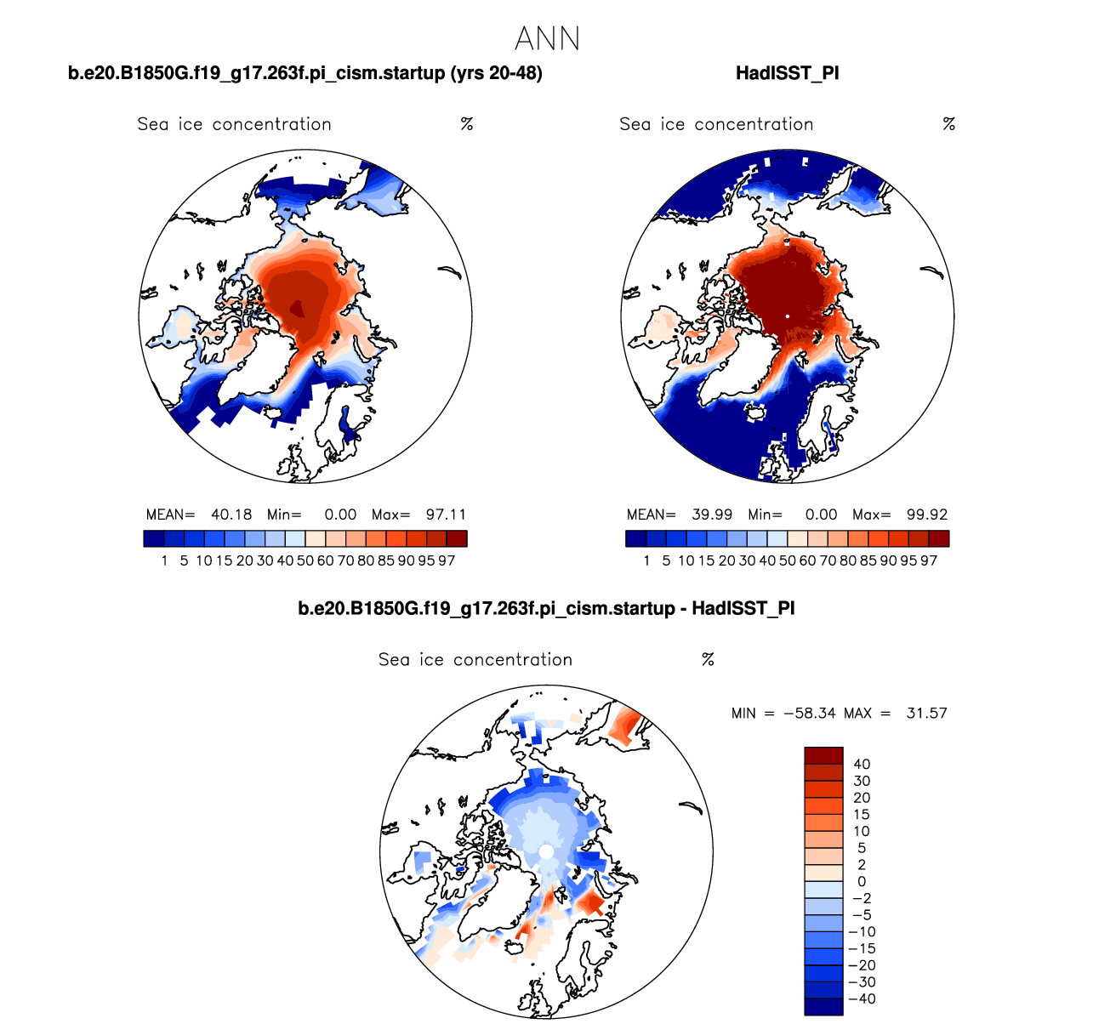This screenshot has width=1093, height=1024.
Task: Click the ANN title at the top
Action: (x=547, y=39)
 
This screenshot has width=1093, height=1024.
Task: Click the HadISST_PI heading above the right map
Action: (x=787, y=73)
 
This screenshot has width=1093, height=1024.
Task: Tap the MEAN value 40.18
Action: (x=231, y=515)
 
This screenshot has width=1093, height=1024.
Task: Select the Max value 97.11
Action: (x=446, y=515)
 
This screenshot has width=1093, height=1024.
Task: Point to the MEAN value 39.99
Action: (x=712, y=515)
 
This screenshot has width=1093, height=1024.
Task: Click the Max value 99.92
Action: (x=927, y=515)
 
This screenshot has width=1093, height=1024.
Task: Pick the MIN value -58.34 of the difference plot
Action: (x=810, y=714)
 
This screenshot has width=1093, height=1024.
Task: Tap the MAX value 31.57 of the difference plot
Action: (x=926, y=714)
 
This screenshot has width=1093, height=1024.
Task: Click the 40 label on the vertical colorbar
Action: (x=862, y=765)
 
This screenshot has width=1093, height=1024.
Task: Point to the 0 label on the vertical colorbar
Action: (x=862, y=882)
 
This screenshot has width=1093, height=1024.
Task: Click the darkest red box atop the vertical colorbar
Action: (x=823, y=755)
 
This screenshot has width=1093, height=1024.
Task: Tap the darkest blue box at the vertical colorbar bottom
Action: (x=823, y=1007)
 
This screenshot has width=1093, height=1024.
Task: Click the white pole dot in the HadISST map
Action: (x=788, y=316)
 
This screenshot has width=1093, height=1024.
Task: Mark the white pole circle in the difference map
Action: (x=546, y=851)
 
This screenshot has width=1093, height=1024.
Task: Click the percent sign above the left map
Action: (x=467, y=124)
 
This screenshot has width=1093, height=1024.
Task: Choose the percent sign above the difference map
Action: (x=708, y=660)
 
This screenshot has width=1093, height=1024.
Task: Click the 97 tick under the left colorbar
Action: (x=447, y=560)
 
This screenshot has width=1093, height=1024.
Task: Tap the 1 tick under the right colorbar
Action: (x=646, y=560)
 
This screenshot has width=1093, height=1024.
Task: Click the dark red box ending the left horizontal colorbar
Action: (x=457, y=538)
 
